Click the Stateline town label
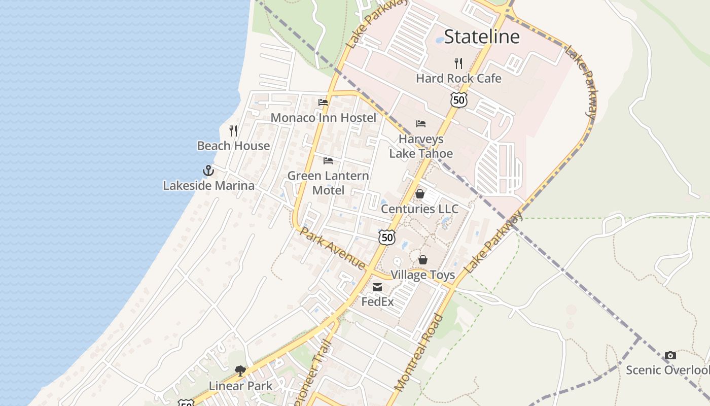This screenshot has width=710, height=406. point(481,37)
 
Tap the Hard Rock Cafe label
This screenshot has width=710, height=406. point(458,79)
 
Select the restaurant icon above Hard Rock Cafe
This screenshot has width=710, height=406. point(458,63)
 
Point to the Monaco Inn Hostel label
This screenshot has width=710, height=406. point(324,118)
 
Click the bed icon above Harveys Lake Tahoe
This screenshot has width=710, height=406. point(421,123)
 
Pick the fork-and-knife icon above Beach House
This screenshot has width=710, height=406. point(233,131)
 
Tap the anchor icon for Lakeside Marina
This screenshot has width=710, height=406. point(208,171)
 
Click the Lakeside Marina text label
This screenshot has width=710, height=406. point(208,186)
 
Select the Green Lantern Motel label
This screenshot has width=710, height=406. point(328,183)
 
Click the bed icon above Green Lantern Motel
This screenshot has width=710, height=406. point(328,161)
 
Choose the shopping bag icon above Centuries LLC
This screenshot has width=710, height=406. point(420,194)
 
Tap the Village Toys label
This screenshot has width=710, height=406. point(422,275)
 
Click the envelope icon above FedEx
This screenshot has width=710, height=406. point(377,288)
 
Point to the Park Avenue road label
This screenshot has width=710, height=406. point(333,248)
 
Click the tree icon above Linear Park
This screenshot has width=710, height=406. point(240,371)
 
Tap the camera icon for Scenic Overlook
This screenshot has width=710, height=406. point(670,355)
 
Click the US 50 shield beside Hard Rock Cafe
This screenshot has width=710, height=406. point(458,100)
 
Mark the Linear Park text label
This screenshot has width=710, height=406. point(240,386)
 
